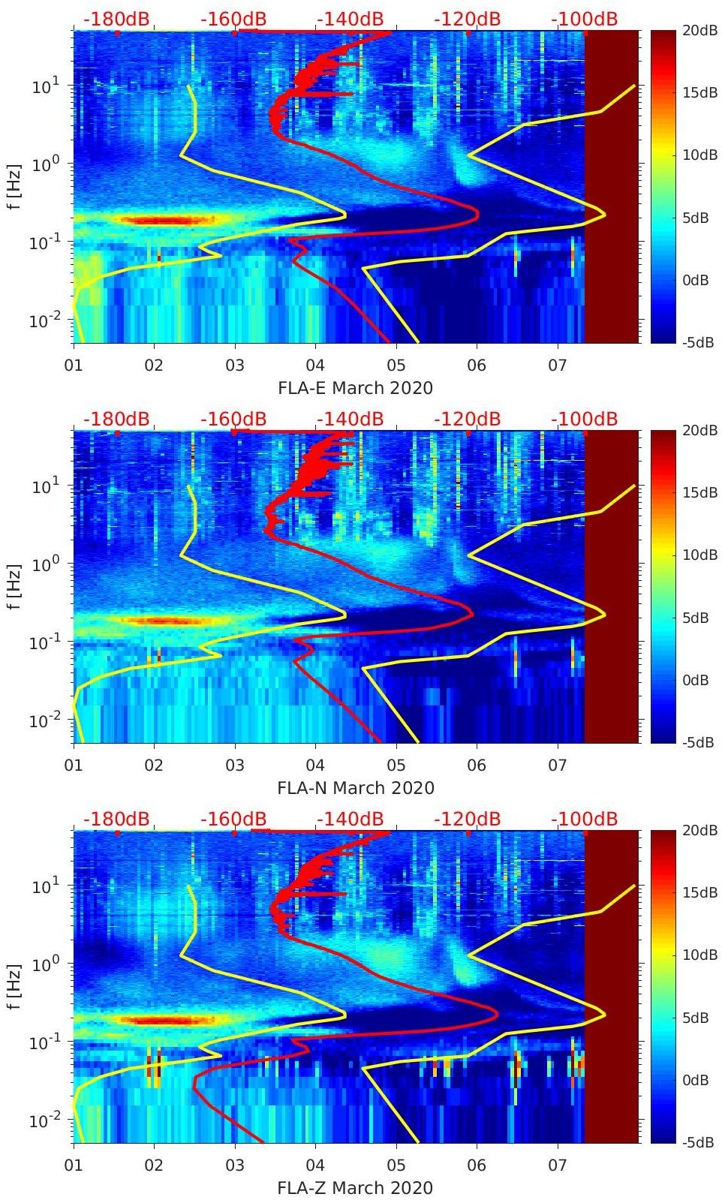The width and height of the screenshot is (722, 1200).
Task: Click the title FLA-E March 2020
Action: [356, 388]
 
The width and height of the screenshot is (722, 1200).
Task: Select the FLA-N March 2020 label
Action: [356, 788]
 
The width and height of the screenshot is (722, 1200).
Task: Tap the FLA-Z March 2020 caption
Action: [356, 1188]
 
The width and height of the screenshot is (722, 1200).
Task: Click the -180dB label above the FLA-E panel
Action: [116, 19]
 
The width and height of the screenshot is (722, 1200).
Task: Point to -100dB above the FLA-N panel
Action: [584, 419]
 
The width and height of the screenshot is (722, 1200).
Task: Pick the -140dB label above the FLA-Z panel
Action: [350, 819]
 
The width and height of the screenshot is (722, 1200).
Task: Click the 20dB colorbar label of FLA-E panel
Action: [697, 30]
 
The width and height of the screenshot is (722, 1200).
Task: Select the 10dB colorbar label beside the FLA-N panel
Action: [697, 555]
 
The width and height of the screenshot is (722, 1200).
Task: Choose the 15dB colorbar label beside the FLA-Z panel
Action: [697, 892]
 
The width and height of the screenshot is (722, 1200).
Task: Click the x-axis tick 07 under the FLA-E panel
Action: [558, 365]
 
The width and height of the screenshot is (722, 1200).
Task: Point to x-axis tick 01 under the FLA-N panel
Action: [74, 765]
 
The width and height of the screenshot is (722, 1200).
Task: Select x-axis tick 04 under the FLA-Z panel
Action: [315, 1165]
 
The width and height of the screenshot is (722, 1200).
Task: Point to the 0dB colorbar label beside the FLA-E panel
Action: [697, 280]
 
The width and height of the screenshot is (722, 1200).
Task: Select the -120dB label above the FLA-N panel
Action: [467, 419]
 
